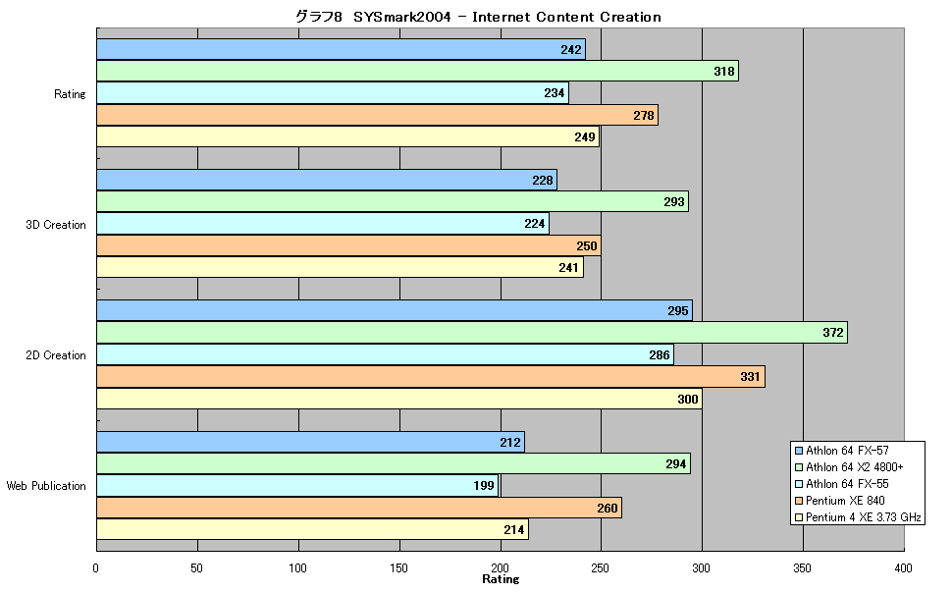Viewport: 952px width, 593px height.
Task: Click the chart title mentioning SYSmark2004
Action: [478, 17]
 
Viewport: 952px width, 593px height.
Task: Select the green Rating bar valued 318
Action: [418, 71]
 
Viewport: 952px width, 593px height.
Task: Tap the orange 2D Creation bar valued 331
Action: [431, 377]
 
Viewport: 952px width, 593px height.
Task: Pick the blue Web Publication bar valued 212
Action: [311, 443]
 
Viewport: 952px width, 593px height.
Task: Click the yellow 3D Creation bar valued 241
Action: [340, 267]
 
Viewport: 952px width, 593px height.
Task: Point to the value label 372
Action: [833, 333]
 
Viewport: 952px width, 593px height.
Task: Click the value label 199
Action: [484, 485]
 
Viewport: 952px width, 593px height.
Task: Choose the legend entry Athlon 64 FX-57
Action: [842, 451]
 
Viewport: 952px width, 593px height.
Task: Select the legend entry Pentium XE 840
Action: [840, 501]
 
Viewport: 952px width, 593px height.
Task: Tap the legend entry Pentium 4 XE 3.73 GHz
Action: [858, 517]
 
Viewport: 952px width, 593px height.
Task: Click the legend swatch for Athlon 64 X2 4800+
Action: [799, 467]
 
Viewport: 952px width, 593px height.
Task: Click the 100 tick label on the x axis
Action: [297, 568]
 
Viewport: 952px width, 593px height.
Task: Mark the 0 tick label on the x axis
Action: [96, 568]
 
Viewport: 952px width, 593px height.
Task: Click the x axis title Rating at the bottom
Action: [501, 579]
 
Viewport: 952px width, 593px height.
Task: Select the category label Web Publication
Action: [46, 486]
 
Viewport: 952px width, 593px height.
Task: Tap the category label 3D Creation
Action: [56, 225]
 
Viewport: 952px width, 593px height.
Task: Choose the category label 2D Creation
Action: [56, 355]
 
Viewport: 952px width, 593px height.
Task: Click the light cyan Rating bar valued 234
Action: [333, 93]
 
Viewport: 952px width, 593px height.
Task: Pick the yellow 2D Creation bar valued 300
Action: [399, 399]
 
